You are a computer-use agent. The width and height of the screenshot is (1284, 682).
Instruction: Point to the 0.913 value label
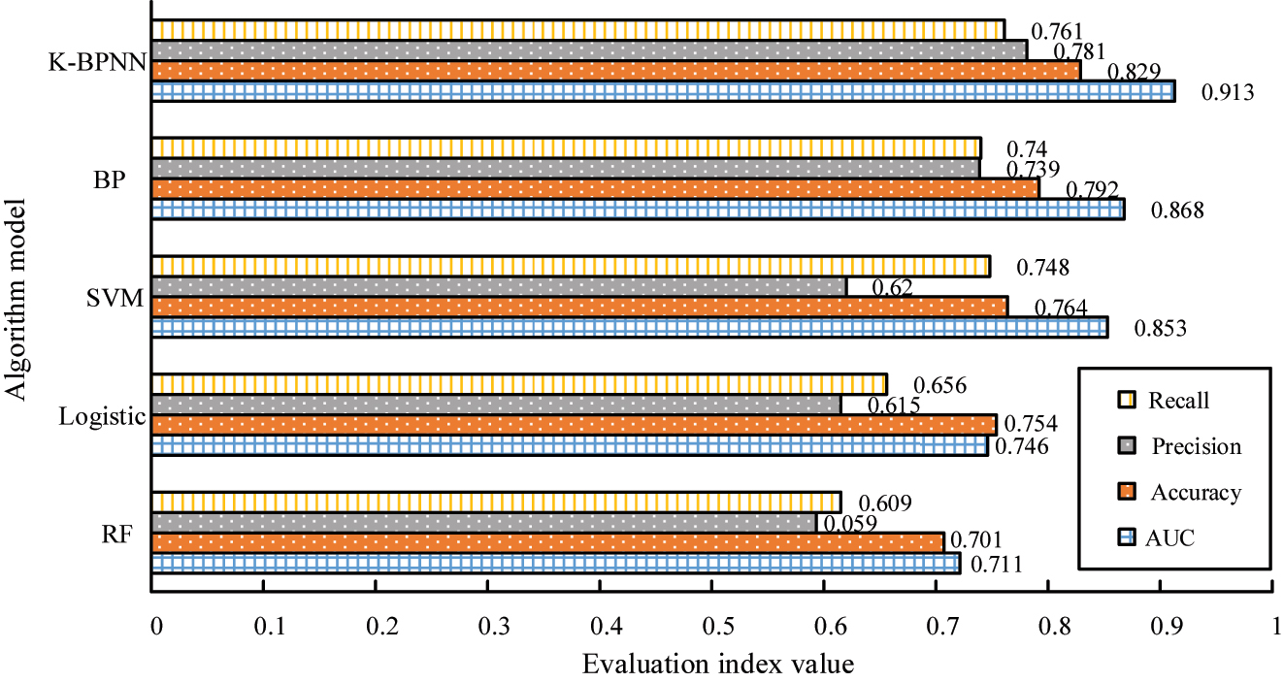(x=1229, y=93)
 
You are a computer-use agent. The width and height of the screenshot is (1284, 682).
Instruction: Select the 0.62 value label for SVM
(x=892, y=287)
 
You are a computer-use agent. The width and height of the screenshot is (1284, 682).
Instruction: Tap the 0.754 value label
(x=1030, y=424)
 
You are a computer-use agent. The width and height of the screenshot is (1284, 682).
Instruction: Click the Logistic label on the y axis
(x=101, y=417)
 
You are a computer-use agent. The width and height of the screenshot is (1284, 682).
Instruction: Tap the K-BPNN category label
(x=96, y=64)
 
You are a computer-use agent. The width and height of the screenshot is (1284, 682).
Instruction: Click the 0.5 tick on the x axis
(x=712, y=626)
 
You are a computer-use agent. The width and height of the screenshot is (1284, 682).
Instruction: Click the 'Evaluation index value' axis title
(x=718, y=665)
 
